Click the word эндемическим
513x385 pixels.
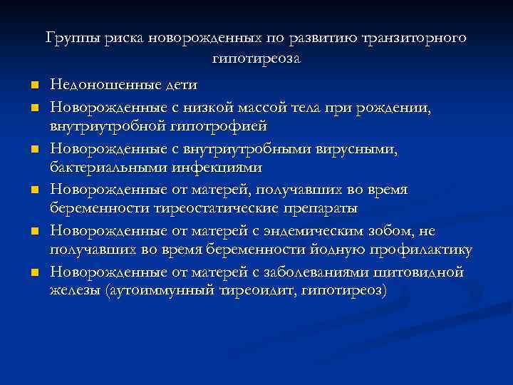[x=311, y=231]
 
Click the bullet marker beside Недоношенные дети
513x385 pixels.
[x=33, y=87]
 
